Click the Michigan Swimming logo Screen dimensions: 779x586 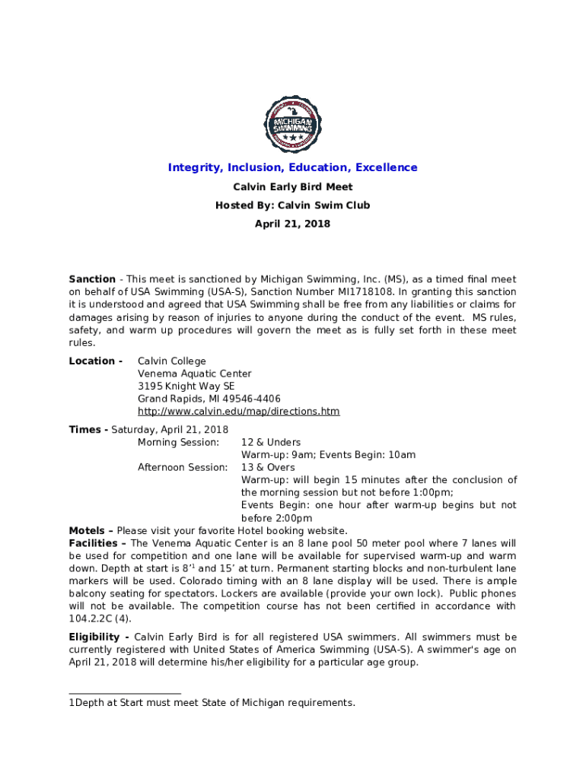[x=293, y=124]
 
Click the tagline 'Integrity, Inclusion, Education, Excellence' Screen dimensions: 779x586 [x=293, y=167]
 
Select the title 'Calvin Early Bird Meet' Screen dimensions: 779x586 [x=293, y=187]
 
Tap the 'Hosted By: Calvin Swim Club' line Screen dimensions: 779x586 [x=293, y=205]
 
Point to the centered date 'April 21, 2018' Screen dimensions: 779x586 [x=293, y=224]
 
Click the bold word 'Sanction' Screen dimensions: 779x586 [x=92, y=279]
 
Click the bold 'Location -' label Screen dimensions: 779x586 [x=95, y=361]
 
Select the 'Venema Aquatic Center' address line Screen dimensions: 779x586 [x=194, y=374]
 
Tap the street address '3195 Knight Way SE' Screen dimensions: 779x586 [x=186, y=386]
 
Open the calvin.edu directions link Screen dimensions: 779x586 [x=238, y=412]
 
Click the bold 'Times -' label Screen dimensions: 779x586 [x=88, y=430]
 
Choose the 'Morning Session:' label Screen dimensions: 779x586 [x=178, y=442]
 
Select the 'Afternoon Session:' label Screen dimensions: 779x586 [x=182, y=467]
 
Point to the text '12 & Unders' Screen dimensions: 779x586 [x=271, y=442]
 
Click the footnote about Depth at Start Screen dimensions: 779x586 [x=212, y=703]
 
